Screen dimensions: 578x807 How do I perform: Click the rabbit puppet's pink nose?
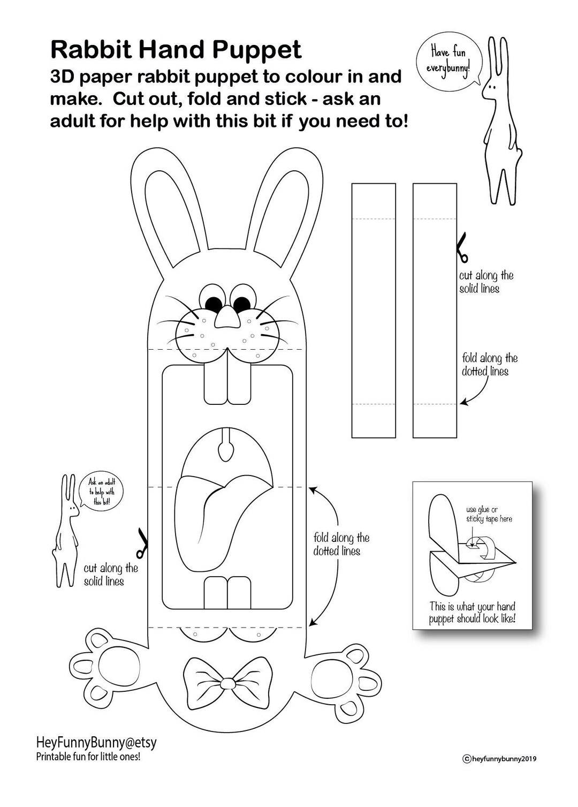click(x=227, y=318)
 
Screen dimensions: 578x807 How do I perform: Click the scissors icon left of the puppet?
click(x=141, y=542)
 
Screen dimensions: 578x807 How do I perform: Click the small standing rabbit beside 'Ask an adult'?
click(x=66, y=530)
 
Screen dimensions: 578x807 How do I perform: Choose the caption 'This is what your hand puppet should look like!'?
click(x=473, y=613)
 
